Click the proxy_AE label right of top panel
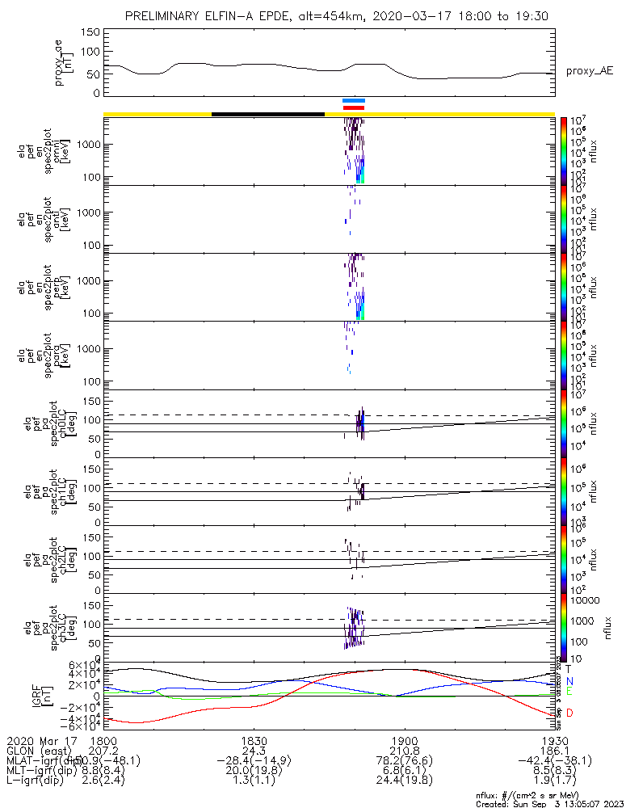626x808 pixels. coord(589,70)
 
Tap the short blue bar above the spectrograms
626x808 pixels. coord(354,101)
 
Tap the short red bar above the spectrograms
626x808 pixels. coord(354,107)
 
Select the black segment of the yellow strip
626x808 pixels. coord(267,114)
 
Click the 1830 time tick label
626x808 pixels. coord(254,740)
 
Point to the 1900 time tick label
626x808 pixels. coord(404,740)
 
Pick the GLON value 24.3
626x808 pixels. coord(254,751)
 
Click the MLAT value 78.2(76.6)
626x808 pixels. coord(404,761)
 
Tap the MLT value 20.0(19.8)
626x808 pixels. coord(254,772)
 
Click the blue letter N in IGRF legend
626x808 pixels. coord(569,681)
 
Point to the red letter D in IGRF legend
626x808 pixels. coord(569,713)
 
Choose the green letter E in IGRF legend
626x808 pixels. coord(569,692)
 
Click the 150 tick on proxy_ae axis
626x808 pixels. coord(90,32)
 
